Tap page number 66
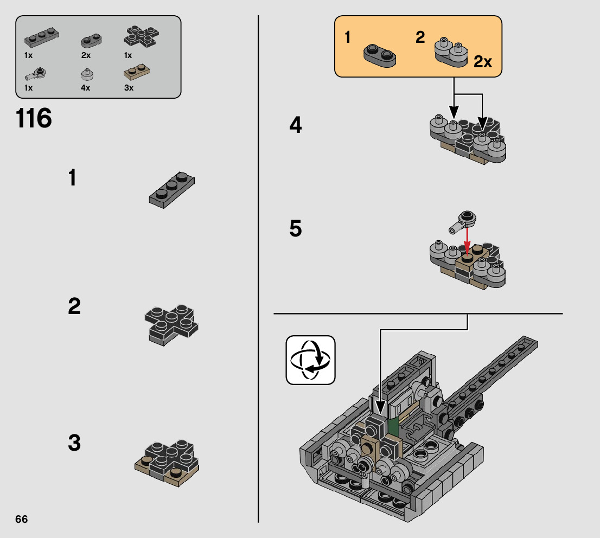pos(22,519)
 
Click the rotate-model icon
pos(310,360)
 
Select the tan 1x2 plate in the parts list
pos(137,72)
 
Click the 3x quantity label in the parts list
pos(129,88)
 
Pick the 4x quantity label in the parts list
pos(85,88)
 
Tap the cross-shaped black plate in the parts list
pos(141,36)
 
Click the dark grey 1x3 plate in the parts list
pos(42,37)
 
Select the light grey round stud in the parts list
pos(88,74)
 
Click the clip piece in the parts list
pos(36,73)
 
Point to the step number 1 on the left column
pos(72,178)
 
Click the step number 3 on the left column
pos(74,443)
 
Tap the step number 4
pos(296,125)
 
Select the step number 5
pos(296,228)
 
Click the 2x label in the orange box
pos(482,61)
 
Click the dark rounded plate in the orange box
pos(380,56)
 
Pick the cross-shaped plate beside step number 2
pos(171,325)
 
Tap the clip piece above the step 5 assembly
pos(462,222)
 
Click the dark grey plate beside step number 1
pos(172,190)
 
